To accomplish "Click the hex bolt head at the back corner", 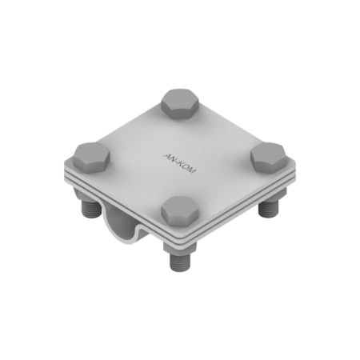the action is pyautogui.click(x=180, y=104).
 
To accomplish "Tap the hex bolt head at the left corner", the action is pyautogui.click(x=91, y=158).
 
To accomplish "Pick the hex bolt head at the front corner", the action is pyautogui.click(x=180, y=212).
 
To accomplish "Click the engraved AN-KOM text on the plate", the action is pyautogui.click(x=180, y=163).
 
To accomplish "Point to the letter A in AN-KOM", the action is pyautogui.click(x=167, y=155).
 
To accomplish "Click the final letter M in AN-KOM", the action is pyautogui.click(x=192, y=170).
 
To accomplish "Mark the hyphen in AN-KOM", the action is pyautogui.click(x=177, y=162).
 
